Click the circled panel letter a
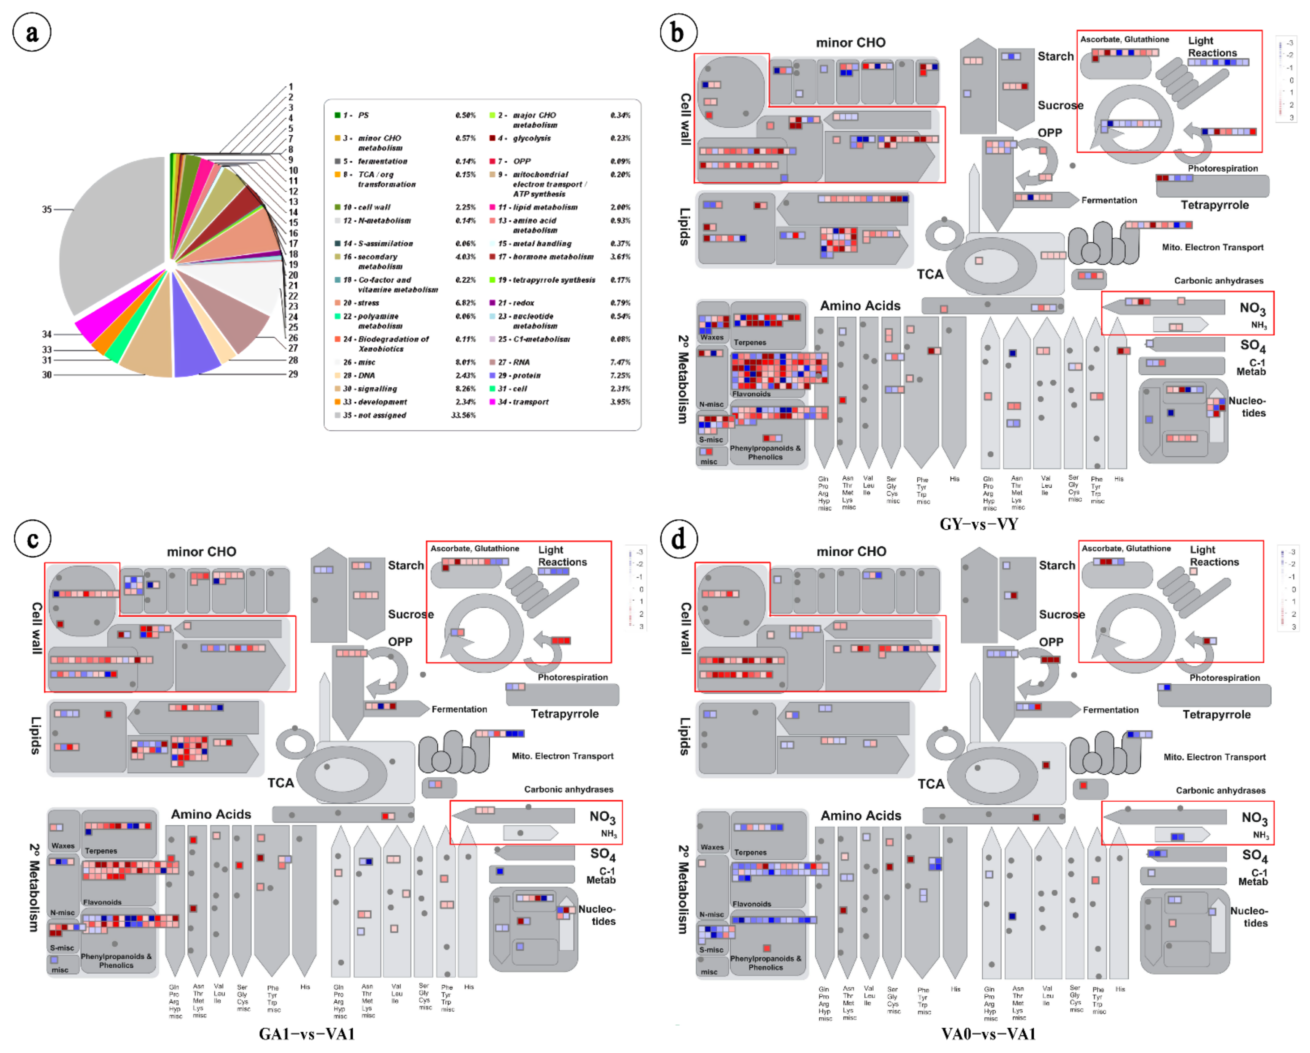tap(32, 33)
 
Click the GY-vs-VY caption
tap(978, 524)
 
